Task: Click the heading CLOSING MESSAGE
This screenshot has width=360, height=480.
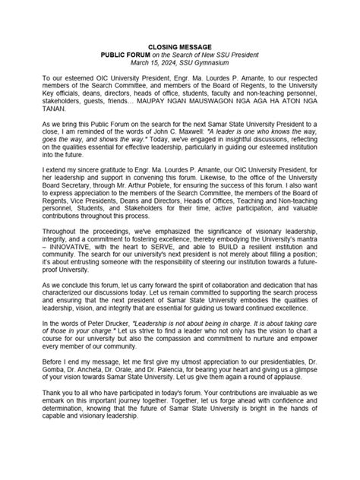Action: click(x=180, y=46)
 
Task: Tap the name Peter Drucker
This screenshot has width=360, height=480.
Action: click(x=103, y=345)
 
